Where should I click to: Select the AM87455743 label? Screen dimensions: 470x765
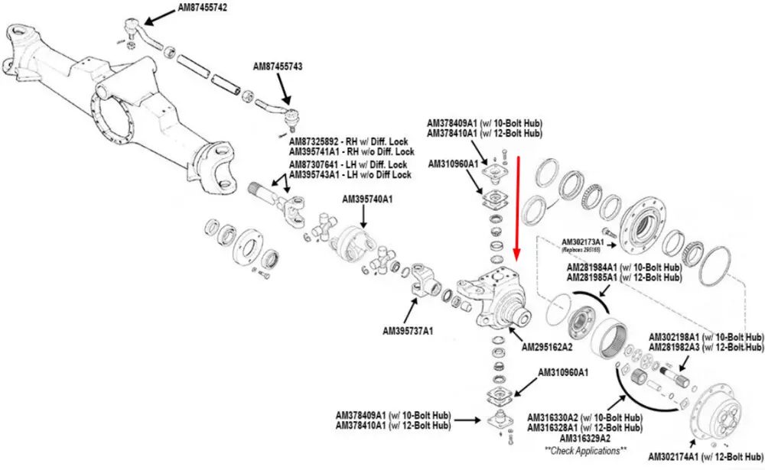278,67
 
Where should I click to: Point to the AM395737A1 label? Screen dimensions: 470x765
408,331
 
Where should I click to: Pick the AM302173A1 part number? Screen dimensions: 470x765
582,241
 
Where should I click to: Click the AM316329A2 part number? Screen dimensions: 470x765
585,439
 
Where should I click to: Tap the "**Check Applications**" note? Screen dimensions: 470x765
585,450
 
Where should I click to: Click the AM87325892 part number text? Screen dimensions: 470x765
315,142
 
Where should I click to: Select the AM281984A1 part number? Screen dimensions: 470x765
597,267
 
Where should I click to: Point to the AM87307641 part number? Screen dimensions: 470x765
315,164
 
